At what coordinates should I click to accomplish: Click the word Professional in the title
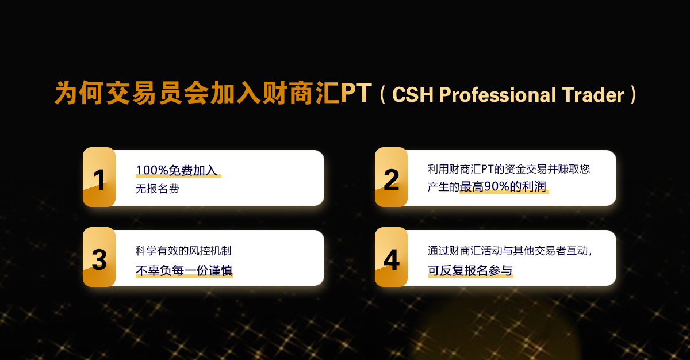[x=497, y=94]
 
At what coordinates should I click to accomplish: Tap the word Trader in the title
[x=593, y=94]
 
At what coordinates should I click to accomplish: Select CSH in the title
[x=413, y=94]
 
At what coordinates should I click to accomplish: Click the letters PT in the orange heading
[x=356, y=93]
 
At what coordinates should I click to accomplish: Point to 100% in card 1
[x=152, y=170]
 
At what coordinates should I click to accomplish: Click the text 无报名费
[x=158, y=189]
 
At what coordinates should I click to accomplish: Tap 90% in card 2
[x=497, y=187]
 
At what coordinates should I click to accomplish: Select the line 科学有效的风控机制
[x=183, y=251]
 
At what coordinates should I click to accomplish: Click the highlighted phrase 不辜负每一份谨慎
[x=184, y=270]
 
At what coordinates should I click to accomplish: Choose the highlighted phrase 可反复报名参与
[x=470, y=270]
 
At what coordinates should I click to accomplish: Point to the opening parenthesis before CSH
[x=382, y=94]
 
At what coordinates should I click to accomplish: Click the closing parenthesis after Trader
[x=632, y=94]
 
